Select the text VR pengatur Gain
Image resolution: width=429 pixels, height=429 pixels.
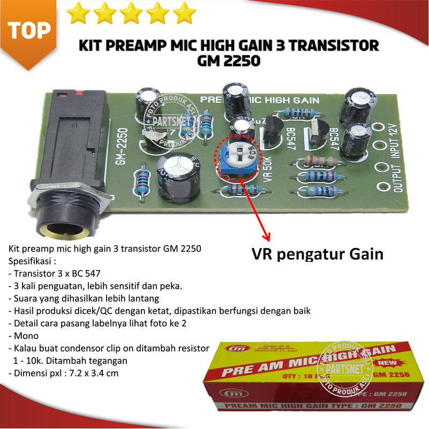click(317, 254)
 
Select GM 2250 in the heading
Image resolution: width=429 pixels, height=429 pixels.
click(229, 61)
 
